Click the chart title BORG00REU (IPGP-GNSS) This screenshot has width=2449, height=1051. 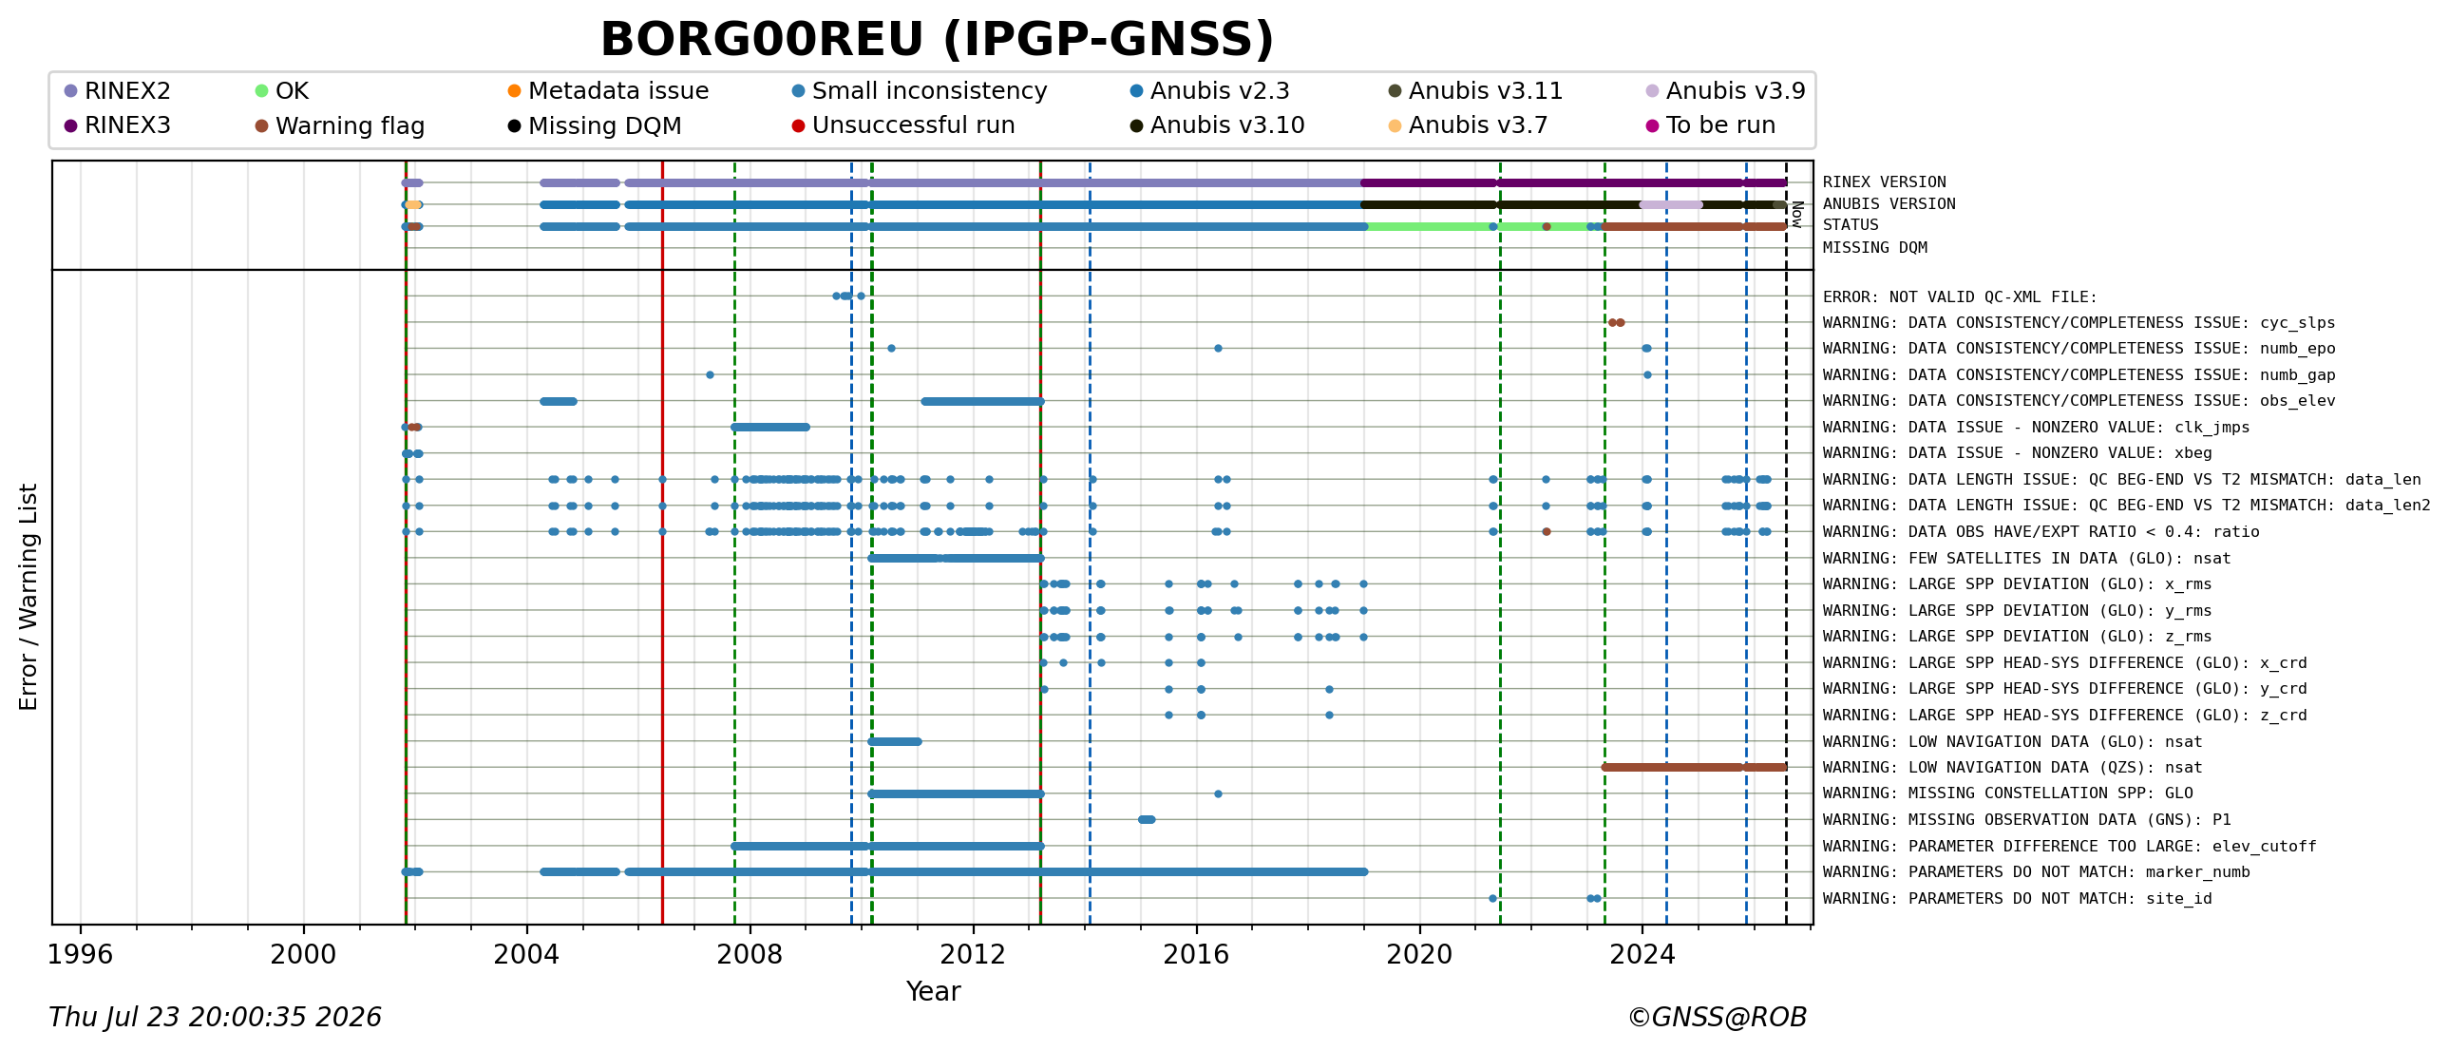coord(937,39)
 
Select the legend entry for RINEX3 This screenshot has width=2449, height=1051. coord(118,125)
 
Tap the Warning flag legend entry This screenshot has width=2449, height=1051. coord(339,125)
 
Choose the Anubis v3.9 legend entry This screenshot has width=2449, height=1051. coord(1725,91)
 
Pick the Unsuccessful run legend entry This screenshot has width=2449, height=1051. coord(903,125)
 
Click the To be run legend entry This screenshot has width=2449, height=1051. coord(1710,125)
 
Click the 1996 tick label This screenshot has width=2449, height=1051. coord(80,953)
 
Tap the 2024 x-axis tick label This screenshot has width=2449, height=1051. coord(1642,953)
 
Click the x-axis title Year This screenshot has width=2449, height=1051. coord(934,991)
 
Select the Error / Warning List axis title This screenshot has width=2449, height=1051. coord(28,597)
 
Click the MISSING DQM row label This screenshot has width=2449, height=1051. coord(1875,248)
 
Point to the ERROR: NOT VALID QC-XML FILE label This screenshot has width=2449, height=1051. coord(1960,297)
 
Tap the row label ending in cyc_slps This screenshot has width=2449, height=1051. coord(2079,323)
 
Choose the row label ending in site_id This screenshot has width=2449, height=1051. coord(2017,899)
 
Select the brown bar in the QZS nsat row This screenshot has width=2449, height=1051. coord(1695,767)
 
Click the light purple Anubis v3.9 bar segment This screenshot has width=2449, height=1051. coord(1671,204)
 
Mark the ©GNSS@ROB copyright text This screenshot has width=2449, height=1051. coord(1717,1018)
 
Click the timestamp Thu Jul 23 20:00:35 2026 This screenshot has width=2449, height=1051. coord(215,1018)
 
